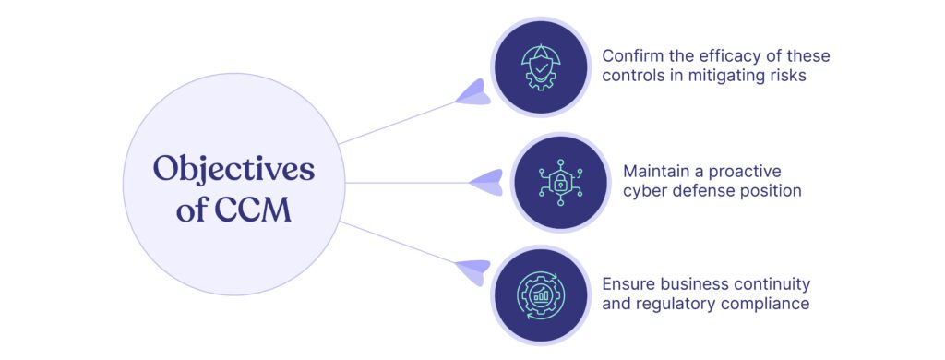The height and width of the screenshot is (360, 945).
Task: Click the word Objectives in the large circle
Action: click(x=233, y=169)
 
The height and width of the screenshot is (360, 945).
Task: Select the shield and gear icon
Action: click(x=541, y=66)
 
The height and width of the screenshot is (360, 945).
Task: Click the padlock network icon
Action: click(x=560, y=182)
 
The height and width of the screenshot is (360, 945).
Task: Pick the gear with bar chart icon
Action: click(x=541, y=294)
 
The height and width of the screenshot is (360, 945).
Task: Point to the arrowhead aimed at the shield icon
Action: click(x=473, y=93)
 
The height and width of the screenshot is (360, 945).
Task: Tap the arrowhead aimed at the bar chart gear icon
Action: click(x=473, y=271)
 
